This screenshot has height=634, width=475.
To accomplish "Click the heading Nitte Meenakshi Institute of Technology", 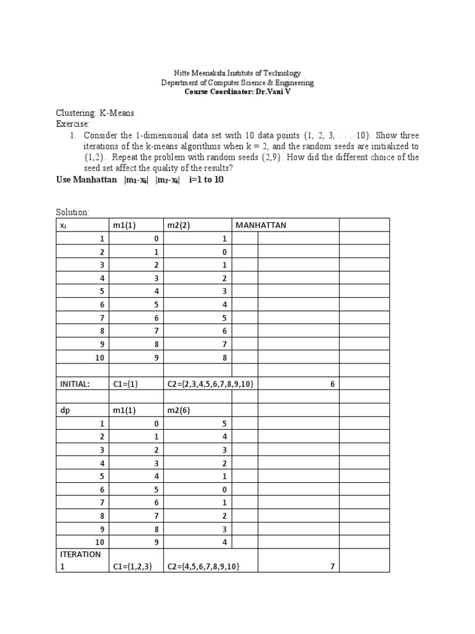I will tap(237, 73).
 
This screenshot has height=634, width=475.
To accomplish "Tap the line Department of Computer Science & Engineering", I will tap(237, 82).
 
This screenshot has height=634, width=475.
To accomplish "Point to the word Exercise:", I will tap(72, 124).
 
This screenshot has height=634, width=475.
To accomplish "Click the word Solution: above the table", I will tap(72, 212).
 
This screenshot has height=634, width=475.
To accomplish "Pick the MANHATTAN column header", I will tap(261, 225).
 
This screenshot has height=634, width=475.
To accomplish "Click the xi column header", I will tap(64, 225).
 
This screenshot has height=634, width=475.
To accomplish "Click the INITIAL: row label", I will tap(75, 384).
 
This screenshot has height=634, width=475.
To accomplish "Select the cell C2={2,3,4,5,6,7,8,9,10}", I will tap(210, 384).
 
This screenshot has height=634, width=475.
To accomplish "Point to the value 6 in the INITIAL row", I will tap(332, 384).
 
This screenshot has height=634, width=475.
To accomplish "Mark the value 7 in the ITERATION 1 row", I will tap(332, 567).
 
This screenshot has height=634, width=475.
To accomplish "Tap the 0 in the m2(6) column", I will tap(225, 489).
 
